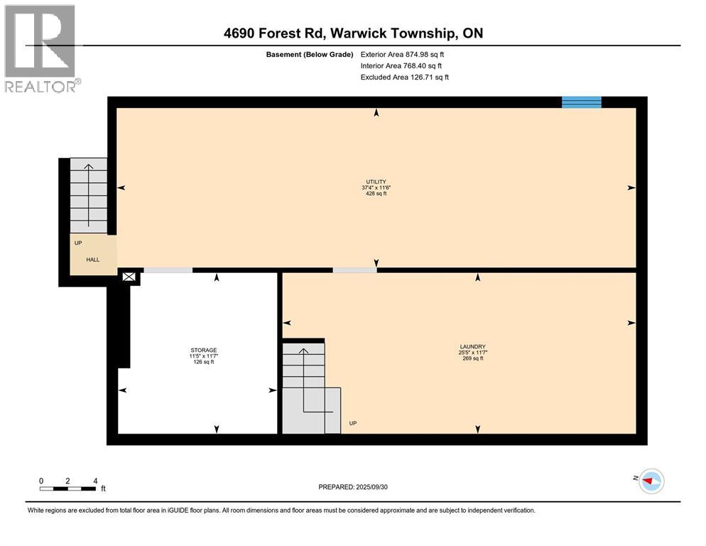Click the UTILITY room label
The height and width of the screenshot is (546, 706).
pyautogui.click(x=376, y=182)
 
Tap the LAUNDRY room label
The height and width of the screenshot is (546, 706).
pyautogui.click(x=473, y=347)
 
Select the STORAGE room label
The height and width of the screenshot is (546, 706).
pyautogui.click(x=204, y=350)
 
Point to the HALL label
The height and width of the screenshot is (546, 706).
pyautogui.click(x=93, y=259)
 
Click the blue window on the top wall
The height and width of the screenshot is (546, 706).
pyautogui.click(x=581, y=102)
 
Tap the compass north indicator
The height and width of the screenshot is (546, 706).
pyautogui.click(x=651, y=481)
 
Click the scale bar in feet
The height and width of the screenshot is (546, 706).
pyautogui.click(x=67, y=488)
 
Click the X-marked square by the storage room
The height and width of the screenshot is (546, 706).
pyautogui.click(x=129, y=277)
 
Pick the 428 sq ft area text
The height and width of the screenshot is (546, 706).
pyautogui.click(x=376, y=193)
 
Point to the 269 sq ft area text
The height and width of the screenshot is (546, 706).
pyautogui.click(x=473, y=358)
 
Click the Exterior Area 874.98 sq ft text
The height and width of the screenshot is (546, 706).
pyautogui.click(x=402, y=55)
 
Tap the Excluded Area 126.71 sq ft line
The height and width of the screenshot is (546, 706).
pyautogui.click(x=404, y=77)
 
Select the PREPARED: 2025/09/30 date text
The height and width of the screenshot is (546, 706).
pyautogui.click(x=353, y=487)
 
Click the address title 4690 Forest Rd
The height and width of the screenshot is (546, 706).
pyautogui.click(x=275, y=33)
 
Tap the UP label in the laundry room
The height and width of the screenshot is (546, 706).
pyautogui.click(x=353, y=424)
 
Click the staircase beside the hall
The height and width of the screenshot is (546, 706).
pyautogui.click(x=89, y=196)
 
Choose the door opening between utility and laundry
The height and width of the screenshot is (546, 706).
pyautogui.click(x=355, y=270)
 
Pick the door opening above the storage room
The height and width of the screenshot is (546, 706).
pyautogui.click(x=168, y=270)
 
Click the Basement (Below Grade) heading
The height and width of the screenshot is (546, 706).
pyautogui.click(x=310, y=55)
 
